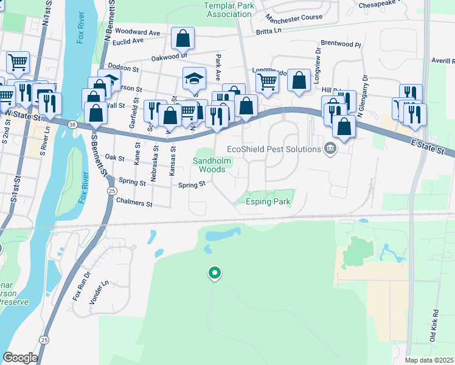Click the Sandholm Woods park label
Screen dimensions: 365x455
[209, 165]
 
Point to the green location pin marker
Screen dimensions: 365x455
[214, 274]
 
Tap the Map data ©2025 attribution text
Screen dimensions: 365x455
[429, 360]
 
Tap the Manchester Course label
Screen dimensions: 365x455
[294, 18]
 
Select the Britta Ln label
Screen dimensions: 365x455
[269, 31]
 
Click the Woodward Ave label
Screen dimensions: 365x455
[137, 32]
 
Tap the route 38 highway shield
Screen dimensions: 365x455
[72, 125]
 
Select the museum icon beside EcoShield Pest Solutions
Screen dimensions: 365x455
[330, 148]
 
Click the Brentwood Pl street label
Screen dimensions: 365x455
[341, 45]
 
